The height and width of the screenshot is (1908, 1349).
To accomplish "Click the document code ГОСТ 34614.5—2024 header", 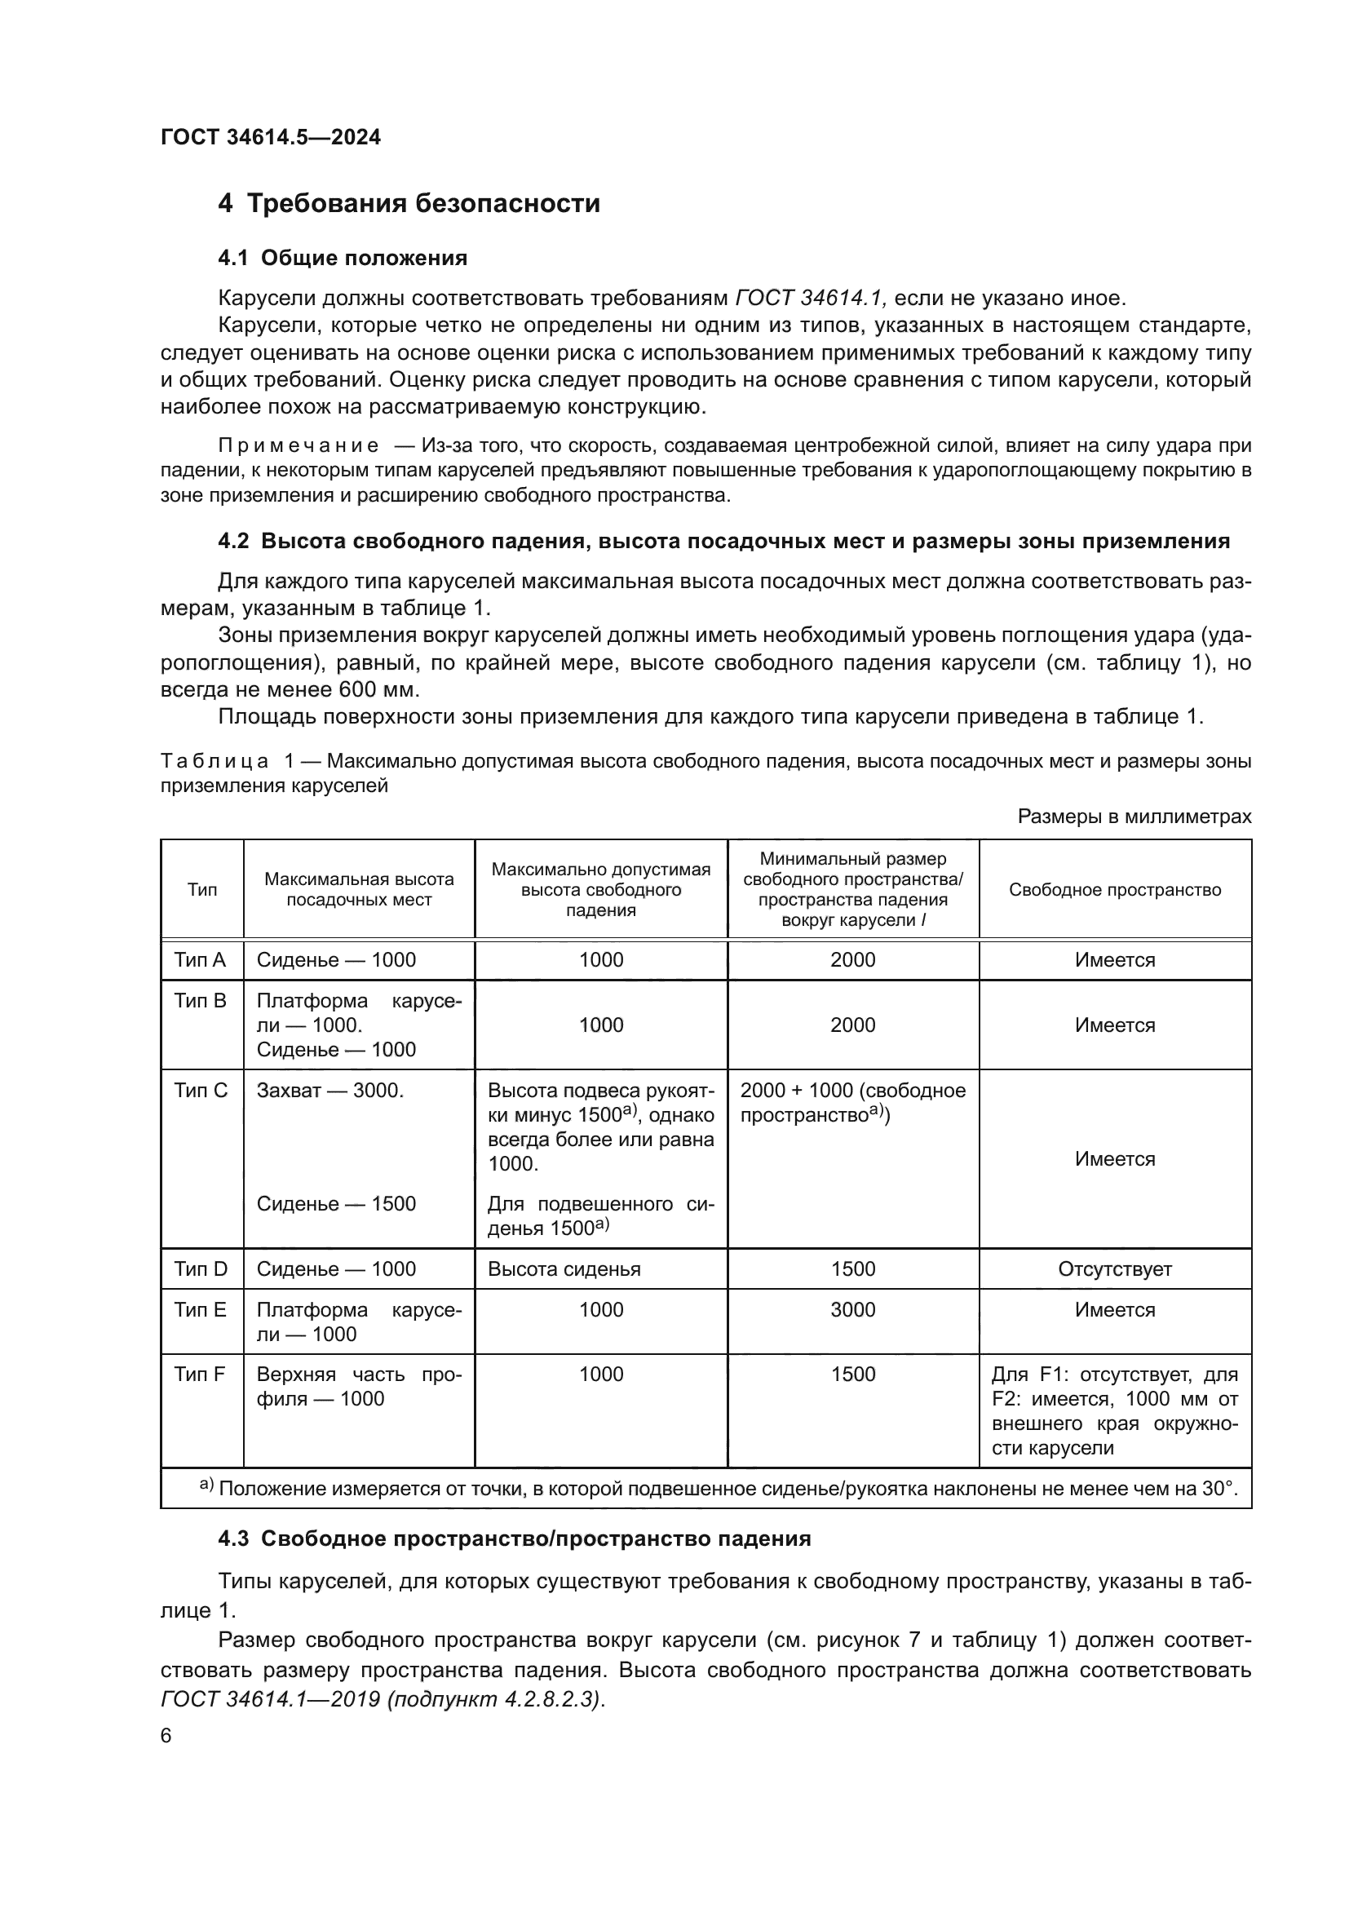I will pyautogui.click(x=271, y=137).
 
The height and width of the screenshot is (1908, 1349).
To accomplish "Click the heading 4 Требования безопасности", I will pyautogui.click(x=409, y=204).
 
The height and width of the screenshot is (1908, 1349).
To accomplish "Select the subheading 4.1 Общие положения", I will pyautogui.click(x=343, y=259).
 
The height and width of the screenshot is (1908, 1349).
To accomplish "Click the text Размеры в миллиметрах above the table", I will pyautogui.click(x=1134, y=817).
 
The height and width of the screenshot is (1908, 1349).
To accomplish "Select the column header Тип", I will pyautogui.click(x=201, y=890).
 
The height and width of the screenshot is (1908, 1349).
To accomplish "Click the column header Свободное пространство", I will pyautogui.click(x=1115, y=890).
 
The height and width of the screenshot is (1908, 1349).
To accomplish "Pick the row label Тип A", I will pyautogui.click(x=200, y=960).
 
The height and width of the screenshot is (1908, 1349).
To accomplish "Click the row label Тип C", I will pyautogui.click(x=200, y=1091).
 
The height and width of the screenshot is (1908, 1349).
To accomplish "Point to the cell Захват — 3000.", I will pyautogui.click(x=330, y=1091).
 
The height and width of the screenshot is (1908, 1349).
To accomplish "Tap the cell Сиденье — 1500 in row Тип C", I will pyautogui.click(x=335, y=1203).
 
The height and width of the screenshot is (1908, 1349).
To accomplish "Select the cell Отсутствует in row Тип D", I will pyautogui.click(x=1115, y=1269).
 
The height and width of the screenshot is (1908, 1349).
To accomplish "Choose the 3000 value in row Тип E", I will pyautogui.click(x=853, y=1310).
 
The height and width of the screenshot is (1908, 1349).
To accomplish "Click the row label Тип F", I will pyautogui.click(x=200, y=1374).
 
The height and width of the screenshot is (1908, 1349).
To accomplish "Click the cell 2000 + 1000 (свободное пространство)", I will pyautogui.click(x=852, y=1102).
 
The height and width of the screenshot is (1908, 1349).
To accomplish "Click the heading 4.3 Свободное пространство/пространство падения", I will pyautogui.click(x=514, y=1538).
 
